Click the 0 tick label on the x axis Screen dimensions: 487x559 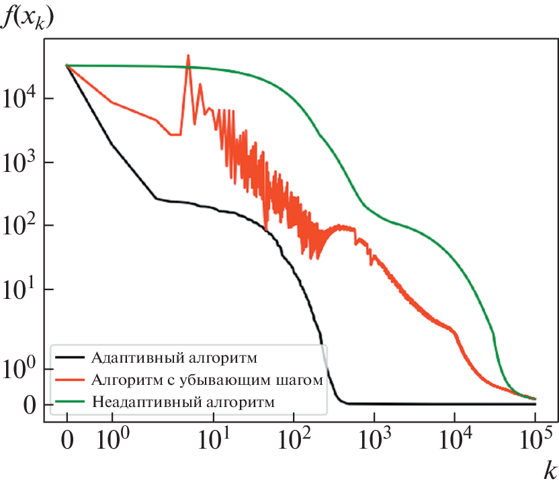pos(67,443)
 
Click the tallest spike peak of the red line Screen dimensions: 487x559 pos(188,56)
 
